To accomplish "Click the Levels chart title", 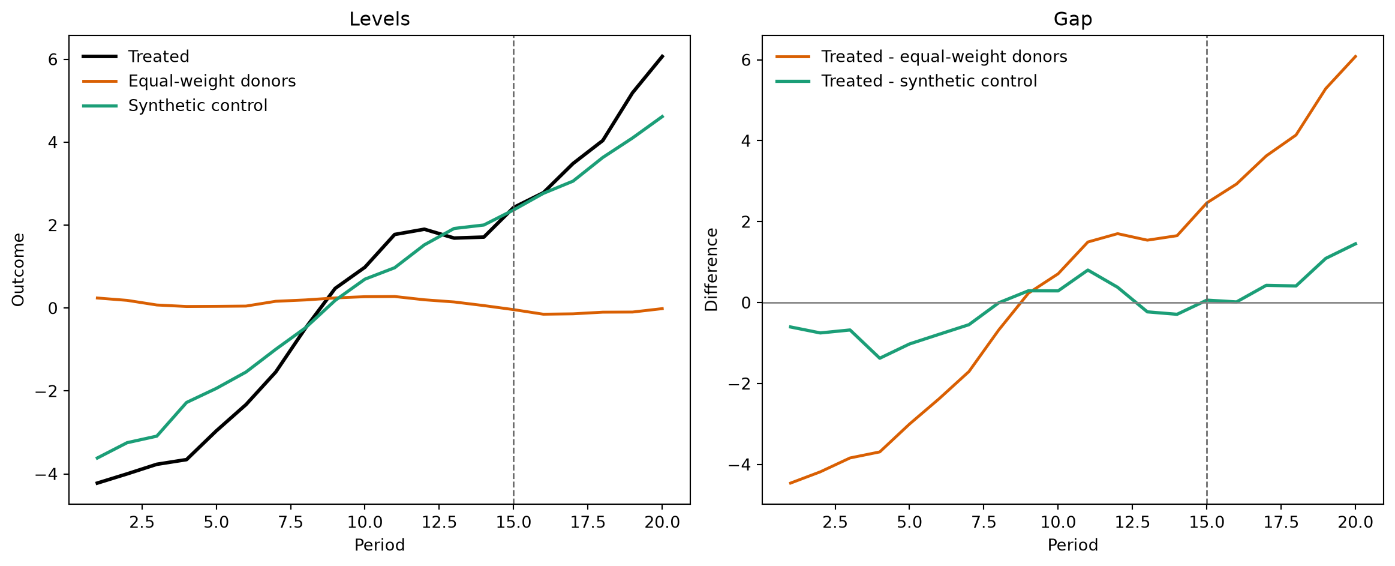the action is pos(380,19).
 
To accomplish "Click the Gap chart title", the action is pos(1072,19).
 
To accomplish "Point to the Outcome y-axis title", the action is pos(18,269).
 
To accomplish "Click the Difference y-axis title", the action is pos(711,269).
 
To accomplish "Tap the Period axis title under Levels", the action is pos(380,545).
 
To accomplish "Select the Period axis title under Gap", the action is pos(1072,545).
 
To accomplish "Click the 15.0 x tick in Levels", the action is pos(513,522).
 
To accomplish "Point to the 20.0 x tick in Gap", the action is pos(1355,522).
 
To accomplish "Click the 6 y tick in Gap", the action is pos(746,60).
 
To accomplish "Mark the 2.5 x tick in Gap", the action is pos(835,522).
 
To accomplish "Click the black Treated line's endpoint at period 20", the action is pos(662,56).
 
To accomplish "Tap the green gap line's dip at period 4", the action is pos(880,358).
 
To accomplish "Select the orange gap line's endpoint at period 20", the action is pos(1355,56).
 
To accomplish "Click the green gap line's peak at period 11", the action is pos(1088,270).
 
